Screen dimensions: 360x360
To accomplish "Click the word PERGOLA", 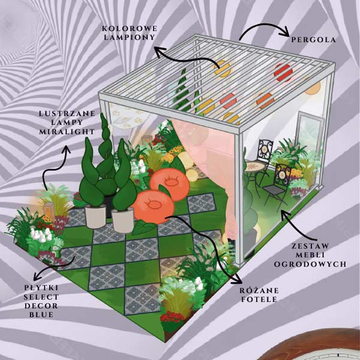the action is pyautogui.click(x=313, y=40).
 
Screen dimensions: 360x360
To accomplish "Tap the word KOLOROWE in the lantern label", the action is pyautogui.click(x=130, y=29).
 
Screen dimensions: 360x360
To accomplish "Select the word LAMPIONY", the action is pyautogui.click(x=130, y=37).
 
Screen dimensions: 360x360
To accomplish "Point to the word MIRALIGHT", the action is pyautogui.click(x=67, y=131).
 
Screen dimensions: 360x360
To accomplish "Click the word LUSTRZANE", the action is pyautogui.click(x=67, y=113).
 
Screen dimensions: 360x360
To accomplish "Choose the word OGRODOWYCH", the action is pyautogui.click(x=310, y=264).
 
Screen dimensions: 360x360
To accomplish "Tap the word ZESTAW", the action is pyautogui.click(x=310, y=246).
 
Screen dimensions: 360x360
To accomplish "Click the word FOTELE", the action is pyautogui.click(x=259, y=299).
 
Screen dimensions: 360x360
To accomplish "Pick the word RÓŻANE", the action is pyautogui.click(x=259, y=290).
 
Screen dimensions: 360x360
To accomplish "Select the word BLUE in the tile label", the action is pyautogui.click(x=41, y=315).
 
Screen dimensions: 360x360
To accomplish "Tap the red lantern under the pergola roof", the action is pyautogui.click(x=284, y=73).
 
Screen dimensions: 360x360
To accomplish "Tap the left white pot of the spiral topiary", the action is pyautogui.click(x=95, y=216).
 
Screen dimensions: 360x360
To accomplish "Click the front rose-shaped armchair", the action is pyautogui.click(x=153, y=207).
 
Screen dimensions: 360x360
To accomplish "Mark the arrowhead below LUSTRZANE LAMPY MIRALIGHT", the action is pyautogui.click(x=67, y=149).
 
